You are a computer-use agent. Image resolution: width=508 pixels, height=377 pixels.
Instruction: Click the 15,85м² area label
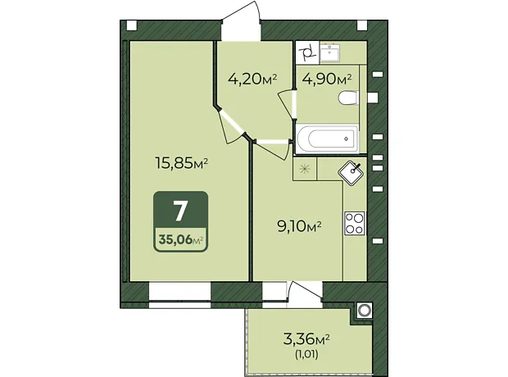point(181,163)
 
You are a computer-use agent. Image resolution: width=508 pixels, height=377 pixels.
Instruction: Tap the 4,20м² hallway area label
point(252,79)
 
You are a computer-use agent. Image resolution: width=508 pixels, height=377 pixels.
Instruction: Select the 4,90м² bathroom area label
point(327,79)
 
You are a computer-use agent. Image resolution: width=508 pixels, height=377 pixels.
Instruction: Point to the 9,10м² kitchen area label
point(299,226)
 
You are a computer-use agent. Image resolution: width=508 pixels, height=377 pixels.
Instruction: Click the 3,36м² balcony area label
point(306,339)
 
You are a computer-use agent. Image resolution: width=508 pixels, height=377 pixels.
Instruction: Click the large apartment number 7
point(180,211)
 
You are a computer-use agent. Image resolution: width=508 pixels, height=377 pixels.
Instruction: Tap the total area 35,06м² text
point(181,240)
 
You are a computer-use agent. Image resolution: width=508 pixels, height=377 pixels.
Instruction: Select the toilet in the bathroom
point(348,98)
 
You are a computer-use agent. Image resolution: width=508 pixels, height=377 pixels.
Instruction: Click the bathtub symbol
point(328,139)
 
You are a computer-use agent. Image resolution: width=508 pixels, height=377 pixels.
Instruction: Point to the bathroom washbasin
point(330,52)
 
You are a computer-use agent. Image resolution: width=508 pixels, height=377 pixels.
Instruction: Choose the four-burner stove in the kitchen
point(355,224)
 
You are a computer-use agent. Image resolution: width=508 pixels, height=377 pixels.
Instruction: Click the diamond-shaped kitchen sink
point(352,173)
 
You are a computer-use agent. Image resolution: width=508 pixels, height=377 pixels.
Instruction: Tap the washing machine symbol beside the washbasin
point(308,53)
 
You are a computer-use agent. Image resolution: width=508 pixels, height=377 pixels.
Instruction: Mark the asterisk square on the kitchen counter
point(305,169)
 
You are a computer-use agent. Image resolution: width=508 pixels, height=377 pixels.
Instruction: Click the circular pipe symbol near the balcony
point(365,311)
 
